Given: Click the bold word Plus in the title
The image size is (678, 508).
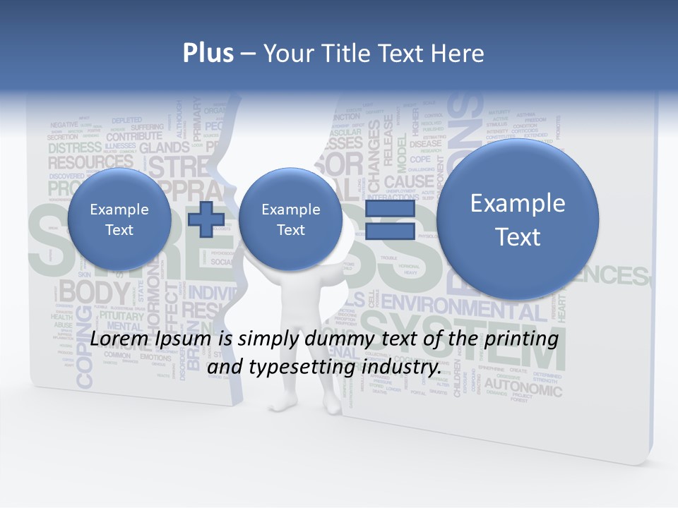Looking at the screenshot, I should (x=208, y=54).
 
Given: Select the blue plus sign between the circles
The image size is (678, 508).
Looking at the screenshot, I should (x=206, y=219).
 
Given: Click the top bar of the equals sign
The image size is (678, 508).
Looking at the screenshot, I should (x=389, y=209).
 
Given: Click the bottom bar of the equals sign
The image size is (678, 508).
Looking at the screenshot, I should (x=389, y=231).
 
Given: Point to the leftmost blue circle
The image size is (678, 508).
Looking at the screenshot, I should (x=119, y=219).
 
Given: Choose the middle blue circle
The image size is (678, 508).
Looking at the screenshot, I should (x=290, y=219).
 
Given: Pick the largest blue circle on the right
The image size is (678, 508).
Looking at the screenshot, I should (x=518, y=219).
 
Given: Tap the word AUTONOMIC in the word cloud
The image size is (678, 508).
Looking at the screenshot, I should (x=523, y=388).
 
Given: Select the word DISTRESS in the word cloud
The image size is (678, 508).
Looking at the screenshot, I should (x=75, y=147).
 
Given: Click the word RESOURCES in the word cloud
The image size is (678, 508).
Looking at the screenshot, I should (x=90, y=162).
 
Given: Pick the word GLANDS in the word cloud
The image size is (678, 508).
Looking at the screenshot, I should (x=164, y=147).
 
